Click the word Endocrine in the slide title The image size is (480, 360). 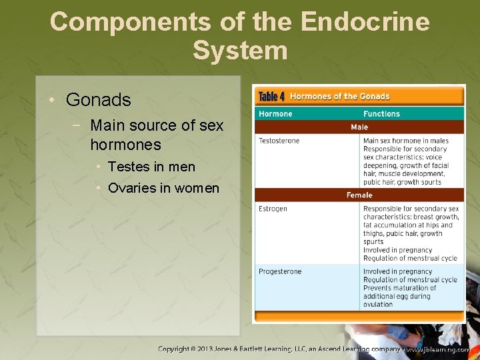[365, 21]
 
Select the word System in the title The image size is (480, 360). [240, 51]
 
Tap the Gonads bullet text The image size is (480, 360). [99, 101]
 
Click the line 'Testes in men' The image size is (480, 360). [151, 167]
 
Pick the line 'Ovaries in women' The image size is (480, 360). [163, 188]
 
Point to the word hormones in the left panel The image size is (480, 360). [125, 145]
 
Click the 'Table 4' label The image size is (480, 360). [271, 97]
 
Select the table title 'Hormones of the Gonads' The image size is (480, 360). [340, 97]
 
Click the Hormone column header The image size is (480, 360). [275, 114]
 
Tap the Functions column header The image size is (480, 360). [381, 114]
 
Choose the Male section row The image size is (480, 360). [359, 127]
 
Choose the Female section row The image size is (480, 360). [359, 195]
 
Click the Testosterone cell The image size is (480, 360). [279, 141]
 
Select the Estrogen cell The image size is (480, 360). [273, 209]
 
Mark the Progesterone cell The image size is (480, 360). [280, 271]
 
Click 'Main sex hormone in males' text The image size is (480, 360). [405, 141]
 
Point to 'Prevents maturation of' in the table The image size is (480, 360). [399, 288]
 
